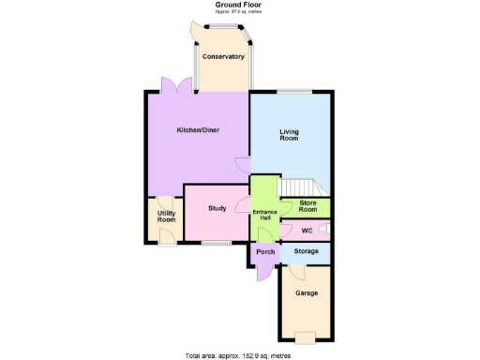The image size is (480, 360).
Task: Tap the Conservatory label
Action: pos(224,57)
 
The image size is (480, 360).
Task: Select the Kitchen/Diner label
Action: pos(198,130)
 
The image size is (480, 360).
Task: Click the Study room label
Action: pos(218,208)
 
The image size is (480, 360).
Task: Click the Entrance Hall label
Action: pos(263,216)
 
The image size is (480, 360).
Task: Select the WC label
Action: pos(307,229)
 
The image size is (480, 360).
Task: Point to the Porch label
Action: pos(265,252)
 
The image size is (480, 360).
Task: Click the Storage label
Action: pos(307,251)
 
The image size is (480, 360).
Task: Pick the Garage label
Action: pos(306,293)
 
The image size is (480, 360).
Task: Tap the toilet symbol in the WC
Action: pos(325,229)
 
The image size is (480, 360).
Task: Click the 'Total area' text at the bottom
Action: pos(238,354)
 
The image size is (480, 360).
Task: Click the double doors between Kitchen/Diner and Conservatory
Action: pos(175,85)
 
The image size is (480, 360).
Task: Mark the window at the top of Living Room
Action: pos(292,90)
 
